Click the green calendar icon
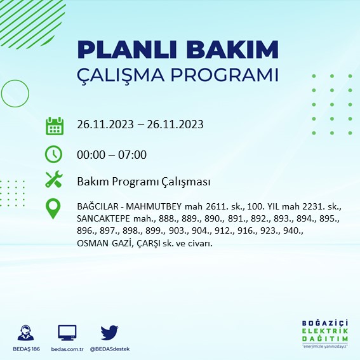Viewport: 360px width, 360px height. point(55,125)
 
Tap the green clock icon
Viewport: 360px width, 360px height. point(54,154)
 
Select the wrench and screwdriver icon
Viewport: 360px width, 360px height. point(54,180)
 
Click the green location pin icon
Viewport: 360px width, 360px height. point(54,208)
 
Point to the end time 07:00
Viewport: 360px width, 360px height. point(133,154)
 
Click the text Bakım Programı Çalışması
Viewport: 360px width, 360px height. point(143,182)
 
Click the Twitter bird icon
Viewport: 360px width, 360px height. point(110,332)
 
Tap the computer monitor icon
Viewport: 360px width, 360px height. point(67,332)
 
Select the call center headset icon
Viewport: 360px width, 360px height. point(26,332)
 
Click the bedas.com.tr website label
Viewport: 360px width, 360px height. point(67,349)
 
